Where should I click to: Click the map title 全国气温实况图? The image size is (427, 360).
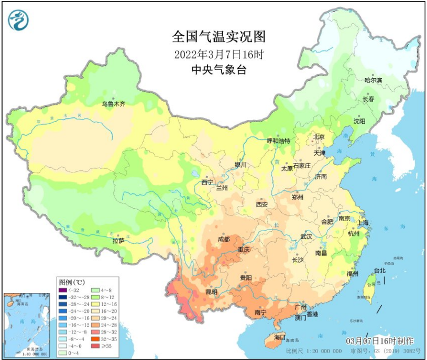tap(219, 37)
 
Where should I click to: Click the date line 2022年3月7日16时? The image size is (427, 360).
tap(218, 53)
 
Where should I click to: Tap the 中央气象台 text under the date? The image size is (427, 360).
tap(218, 69)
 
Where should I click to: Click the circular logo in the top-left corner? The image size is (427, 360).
tap(18, 20)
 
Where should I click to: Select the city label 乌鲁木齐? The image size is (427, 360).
tap(114, 104)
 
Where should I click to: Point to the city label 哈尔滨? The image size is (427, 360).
tap(373, 80)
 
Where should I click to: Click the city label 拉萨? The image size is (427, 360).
tap(118, 241)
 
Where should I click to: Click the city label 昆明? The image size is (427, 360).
tap(211, 291)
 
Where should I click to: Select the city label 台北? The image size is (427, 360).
tap(379, 271)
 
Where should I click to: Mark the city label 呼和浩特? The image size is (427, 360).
tap(278, 141)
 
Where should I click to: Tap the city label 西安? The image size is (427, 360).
tap(261, 204)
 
